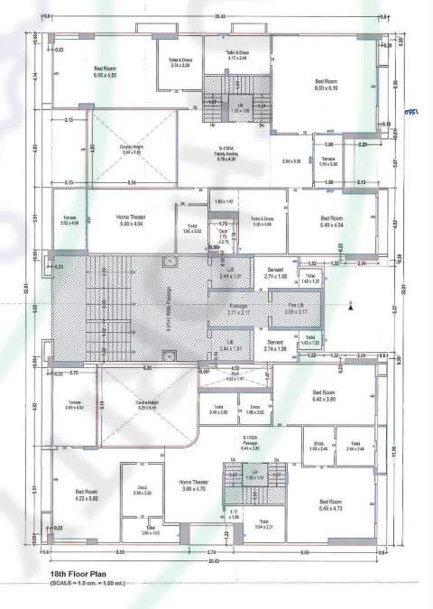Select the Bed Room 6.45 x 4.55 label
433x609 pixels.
coord(106,71)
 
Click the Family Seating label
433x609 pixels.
coord(226,156)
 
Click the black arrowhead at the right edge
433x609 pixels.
coord(348,308)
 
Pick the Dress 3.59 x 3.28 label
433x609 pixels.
coord(143,492)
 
